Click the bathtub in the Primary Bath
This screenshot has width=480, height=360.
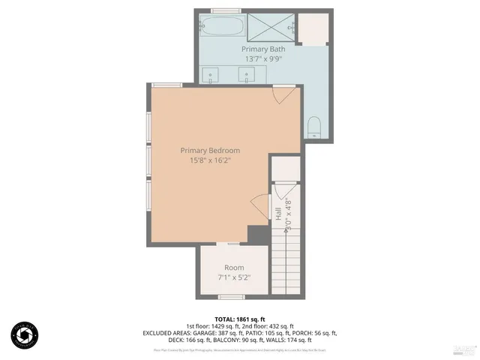point(222,26)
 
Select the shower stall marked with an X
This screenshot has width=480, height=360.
point(269,26)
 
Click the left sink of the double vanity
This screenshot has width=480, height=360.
point(211,74)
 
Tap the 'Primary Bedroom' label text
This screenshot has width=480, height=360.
point(210,150)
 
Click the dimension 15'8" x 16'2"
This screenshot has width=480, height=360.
point(210,160)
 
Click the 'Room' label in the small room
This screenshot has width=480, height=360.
point(234,268)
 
